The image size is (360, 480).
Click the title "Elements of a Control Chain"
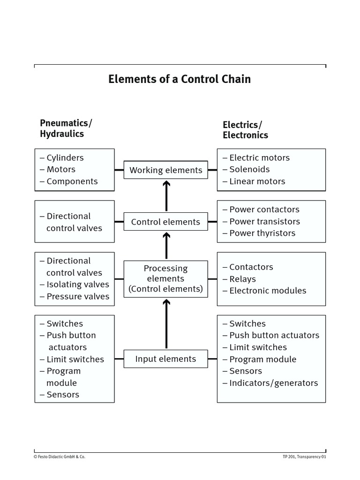pos(180,79)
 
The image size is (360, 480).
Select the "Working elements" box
pos(166,170)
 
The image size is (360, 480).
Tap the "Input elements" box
pos(166,359)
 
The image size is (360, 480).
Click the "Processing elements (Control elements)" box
pos(166,278)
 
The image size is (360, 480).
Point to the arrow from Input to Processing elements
pos(166,324)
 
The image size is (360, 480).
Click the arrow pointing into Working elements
pos(166,196)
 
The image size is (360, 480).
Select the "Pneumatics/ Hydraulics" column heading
pos(66,128)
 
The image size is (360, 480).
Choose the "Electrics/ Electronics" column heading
pos(245,130)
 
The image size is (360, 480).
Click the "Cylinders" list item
pos(65,158)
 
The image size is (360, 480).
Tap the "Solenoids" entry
pos(249,170)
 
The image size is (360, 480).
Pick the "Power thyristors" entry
pos(262,233)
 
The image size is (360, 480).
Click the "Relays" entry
pos(242,279)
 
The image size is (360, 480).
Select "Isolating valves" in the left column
pos(77,285)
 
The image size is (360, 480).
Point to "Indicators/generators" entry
pos(273,383)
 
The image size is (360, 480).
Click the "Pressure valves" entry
pos(77,296)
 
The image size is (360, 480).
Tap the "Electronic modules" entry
pos(267,291)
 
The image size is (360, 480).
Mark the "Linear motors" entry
pos(257,181)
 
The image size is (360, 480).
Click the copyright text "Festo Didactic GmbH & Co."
pos(60,457)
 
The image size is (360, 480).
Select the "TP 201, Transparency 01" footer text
pos(304,457)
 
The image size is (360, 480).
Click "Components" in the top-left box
pos(72,181)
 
